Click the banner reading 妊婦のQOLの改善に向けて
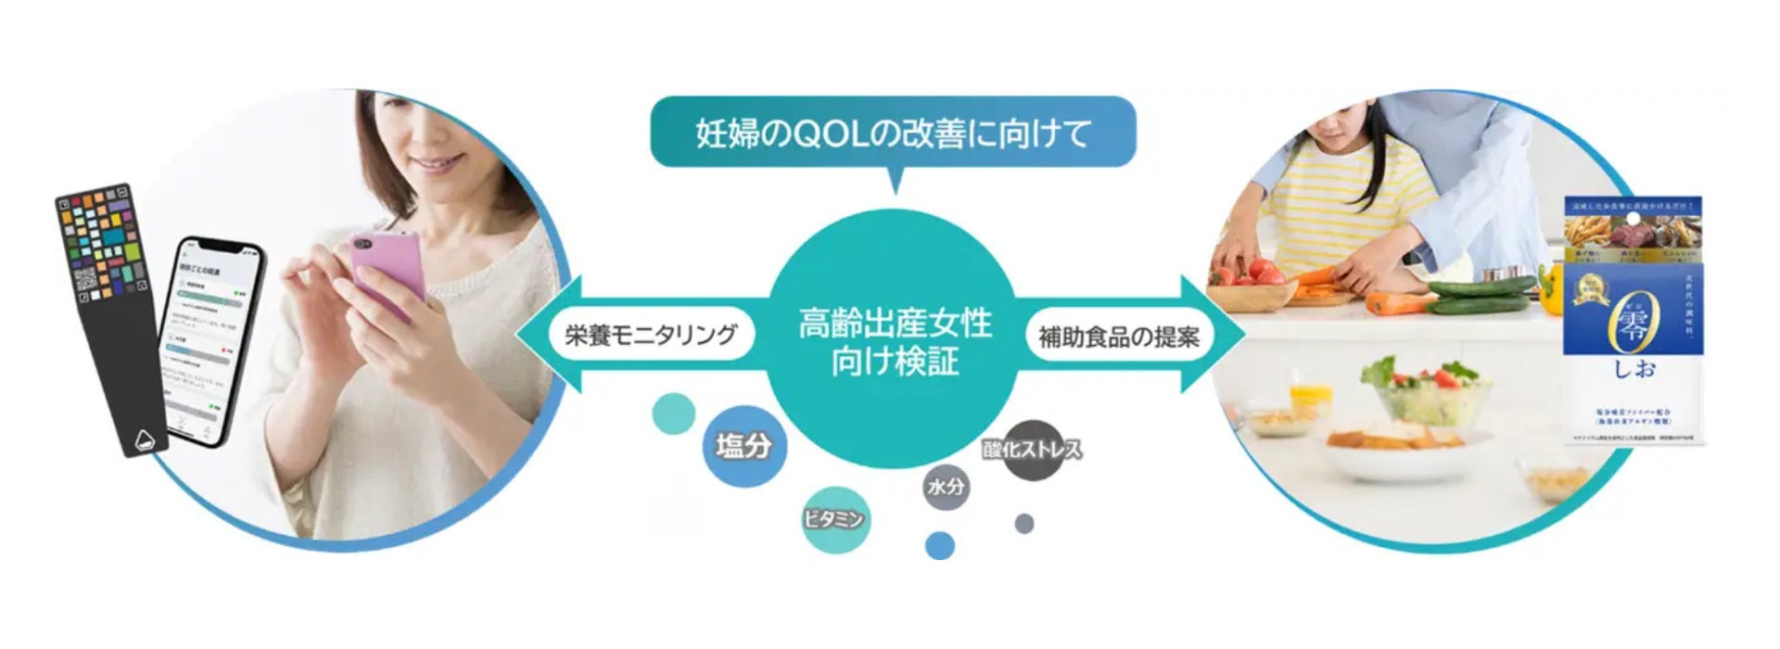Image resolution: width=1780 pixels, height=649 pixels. point(893,134)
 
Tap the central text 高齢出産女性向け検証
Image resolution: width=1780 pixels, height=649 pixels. point(895,341)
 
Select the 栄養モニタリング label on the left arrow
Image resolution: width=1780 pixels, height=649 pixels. point(651,335)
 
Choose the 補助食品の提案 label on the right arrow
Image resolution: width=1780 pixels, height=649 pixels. point(1118,336)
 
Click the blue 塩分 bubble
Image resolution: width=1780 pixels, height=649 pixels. point(743,446)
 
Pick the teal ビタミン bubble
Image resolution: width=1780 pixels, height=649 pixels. point(834,519)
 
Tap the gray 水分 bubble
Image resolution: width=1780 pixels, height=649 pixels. point(947,486)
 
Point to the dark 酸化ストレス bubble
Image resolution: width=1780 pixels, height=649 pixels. point(1032,451)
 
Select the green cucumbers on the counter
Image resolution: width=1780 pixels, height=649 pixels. point(1480,294)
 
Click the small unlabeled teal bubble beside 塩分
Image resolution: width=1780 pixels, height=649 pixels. point(674,414)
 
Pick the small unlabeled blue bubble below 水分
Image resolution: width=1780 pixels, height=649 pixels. point(940,545)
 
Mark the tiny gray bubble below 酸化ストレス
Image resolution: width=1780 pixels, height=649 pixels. point(1023,524)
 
